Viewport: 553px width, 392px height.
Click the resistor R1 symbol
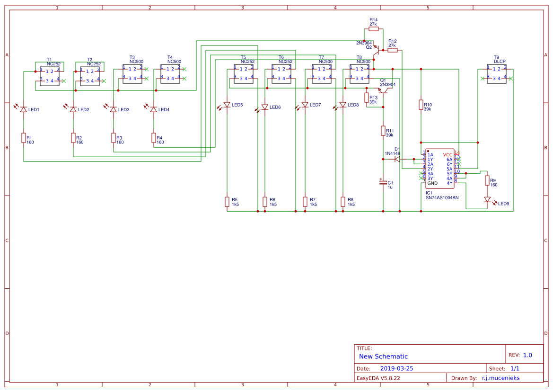(x=23, y=138)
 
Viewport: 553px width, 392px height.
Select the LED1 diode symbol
(x=23, y=109)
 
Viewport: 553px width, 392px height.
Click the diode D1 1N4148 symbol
(x=397, y=159)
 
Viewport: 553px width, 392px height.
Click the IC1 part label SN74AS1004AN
(x=442, y=197)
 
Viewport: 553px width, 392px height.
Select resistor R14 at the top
(x=373, y=29)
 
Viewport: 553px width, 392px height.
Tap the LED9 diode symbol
(x=487, y=200)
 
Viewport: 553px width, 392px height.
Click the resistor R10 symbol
(x=421, y=105)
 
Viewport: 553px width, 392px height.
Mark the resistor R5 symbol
(x=227, y=202)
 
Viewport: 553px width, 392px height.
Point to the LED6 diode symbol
(x=264, y=107)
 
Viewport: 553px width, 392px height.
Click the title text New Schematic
(x=383, y=356)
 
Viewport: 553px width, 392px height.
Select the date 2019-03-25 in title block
(x=396, y=368)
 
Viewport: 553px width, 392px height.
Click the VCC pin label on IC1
(x=448, y=155)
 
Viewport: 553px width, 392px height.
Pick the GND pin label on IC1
(x=432, y=183)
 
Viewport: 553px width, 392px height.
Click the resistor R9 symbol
(x=487, y=180)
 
